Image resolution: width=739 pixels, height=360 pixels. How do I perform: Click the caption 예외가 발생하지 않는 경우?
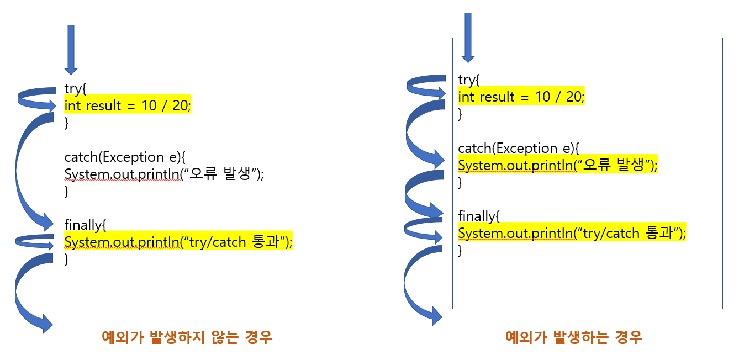point(187,337)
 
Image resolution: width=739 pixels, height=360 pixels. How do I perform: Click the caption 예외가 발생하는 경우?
point(574,337)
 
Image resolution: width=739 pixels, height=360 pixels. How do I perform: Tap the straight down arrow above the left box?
point(71,50)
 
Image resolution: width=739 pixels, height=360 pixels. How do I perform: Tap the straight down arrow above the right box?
point(468,38)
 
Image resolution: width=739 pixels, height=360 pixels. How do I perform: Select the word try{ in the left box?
point(76,89)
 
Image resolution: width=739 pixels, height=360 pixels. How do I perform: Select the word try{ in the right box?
point(469,80)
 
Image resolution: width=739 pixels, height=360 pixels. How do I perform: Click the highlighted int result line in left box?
point(128,105)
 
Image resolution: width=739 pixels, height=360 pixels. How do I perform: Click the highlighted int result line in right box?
point(521,97)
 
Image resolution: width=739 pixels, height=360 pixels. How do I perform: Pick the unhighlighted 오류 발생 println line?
point(164,174)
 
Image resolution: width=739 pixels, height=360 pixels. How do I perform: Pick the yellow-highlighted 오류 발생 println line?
point(558,165)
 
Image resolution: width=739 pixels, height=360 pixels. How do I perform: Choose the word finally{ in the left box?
point(85,225)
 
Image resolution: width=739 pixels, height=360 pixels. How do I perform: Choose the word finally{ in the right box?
point(479,216)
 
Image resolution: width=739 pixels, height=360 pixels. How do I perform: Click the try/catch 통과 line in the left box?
point(178,242)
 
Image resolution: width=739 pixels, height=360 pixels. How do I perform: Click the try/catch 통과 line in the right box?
point(572,234)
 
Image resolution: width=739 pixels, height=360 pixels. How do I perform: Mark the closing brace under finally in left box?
point(67,259)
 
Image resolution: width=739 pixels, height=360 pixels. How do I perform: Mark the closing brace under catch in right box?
point(461,182)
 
